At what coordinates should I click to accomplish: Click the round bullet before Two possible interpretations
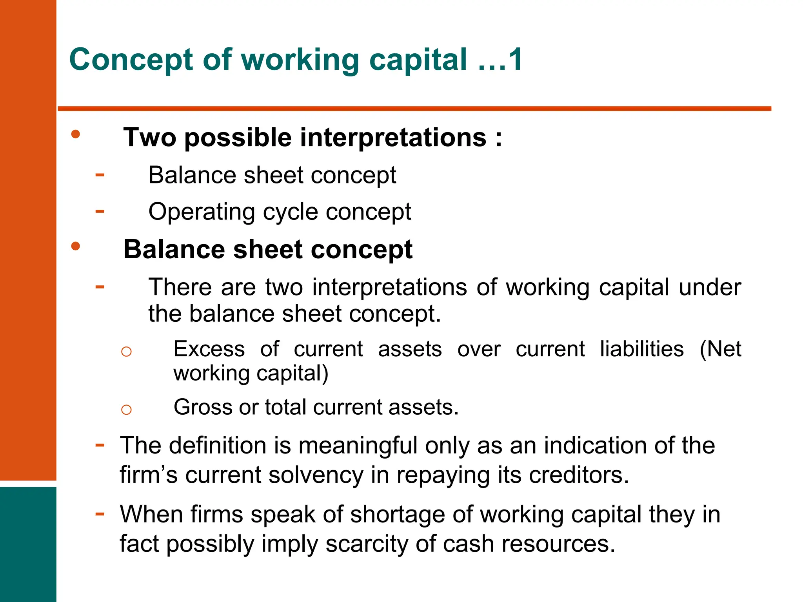(x=76, y=134)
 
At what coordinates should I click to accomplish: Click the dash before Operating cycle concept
(x=100, y=212)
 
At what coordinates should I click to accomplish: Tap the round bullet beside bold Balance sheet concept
(x=76, y=247)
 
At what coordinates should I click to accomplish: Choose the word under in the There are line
(x=710, y=287)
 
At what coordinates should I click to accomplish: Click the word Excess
(x=209, y=349)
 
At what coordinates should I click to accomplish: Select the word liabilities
(x=641, y=349)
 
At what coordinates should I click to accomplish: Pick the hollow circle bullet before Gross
(x=126, y=410)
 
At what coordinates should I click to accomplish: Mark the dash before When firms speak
(x=100, y=513)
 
